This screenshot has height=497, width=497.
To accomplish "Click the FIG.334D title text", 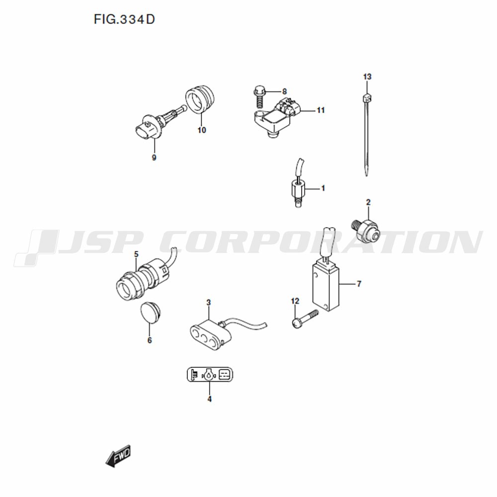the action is [124, 19].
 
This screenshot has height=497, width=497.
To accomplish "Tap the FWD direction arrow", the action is [118, 456].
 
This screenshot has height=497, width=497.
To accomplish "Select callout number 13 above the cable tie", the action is [367, 77].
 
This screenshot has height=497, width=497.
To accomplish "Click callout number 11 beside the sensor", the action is [321, 110].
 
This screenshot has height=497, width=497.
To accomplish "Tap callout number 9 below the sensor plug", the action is [154, 158].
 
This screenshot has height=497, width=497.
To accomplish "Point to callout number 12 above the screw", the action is [295, 301].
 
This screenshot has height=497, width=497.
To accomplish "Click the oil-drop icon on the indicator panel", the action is [209, 375].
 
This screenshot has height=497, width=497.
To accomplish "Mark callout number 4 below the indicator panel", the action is [210, 399].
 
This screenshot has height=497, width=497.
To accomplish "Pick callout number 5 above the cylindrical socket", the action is [136, 254].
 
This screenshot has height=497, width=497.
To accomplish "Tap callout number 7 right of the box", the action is [359, 284].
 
